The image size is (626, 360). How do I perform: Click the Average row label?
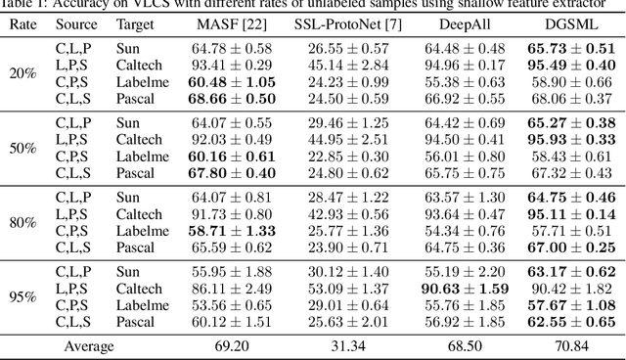click(89, 345)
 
